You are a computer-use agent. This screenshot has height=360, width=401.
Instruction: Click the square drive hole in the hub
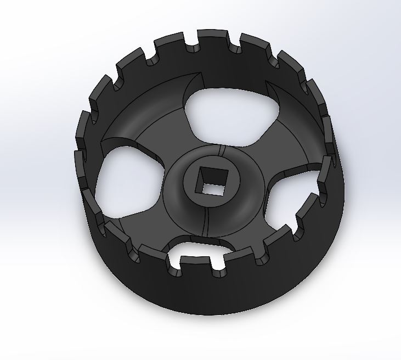[211, 181]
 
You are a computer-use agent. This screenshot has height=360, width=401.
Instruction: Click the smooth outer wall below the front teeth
[219, 313]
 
